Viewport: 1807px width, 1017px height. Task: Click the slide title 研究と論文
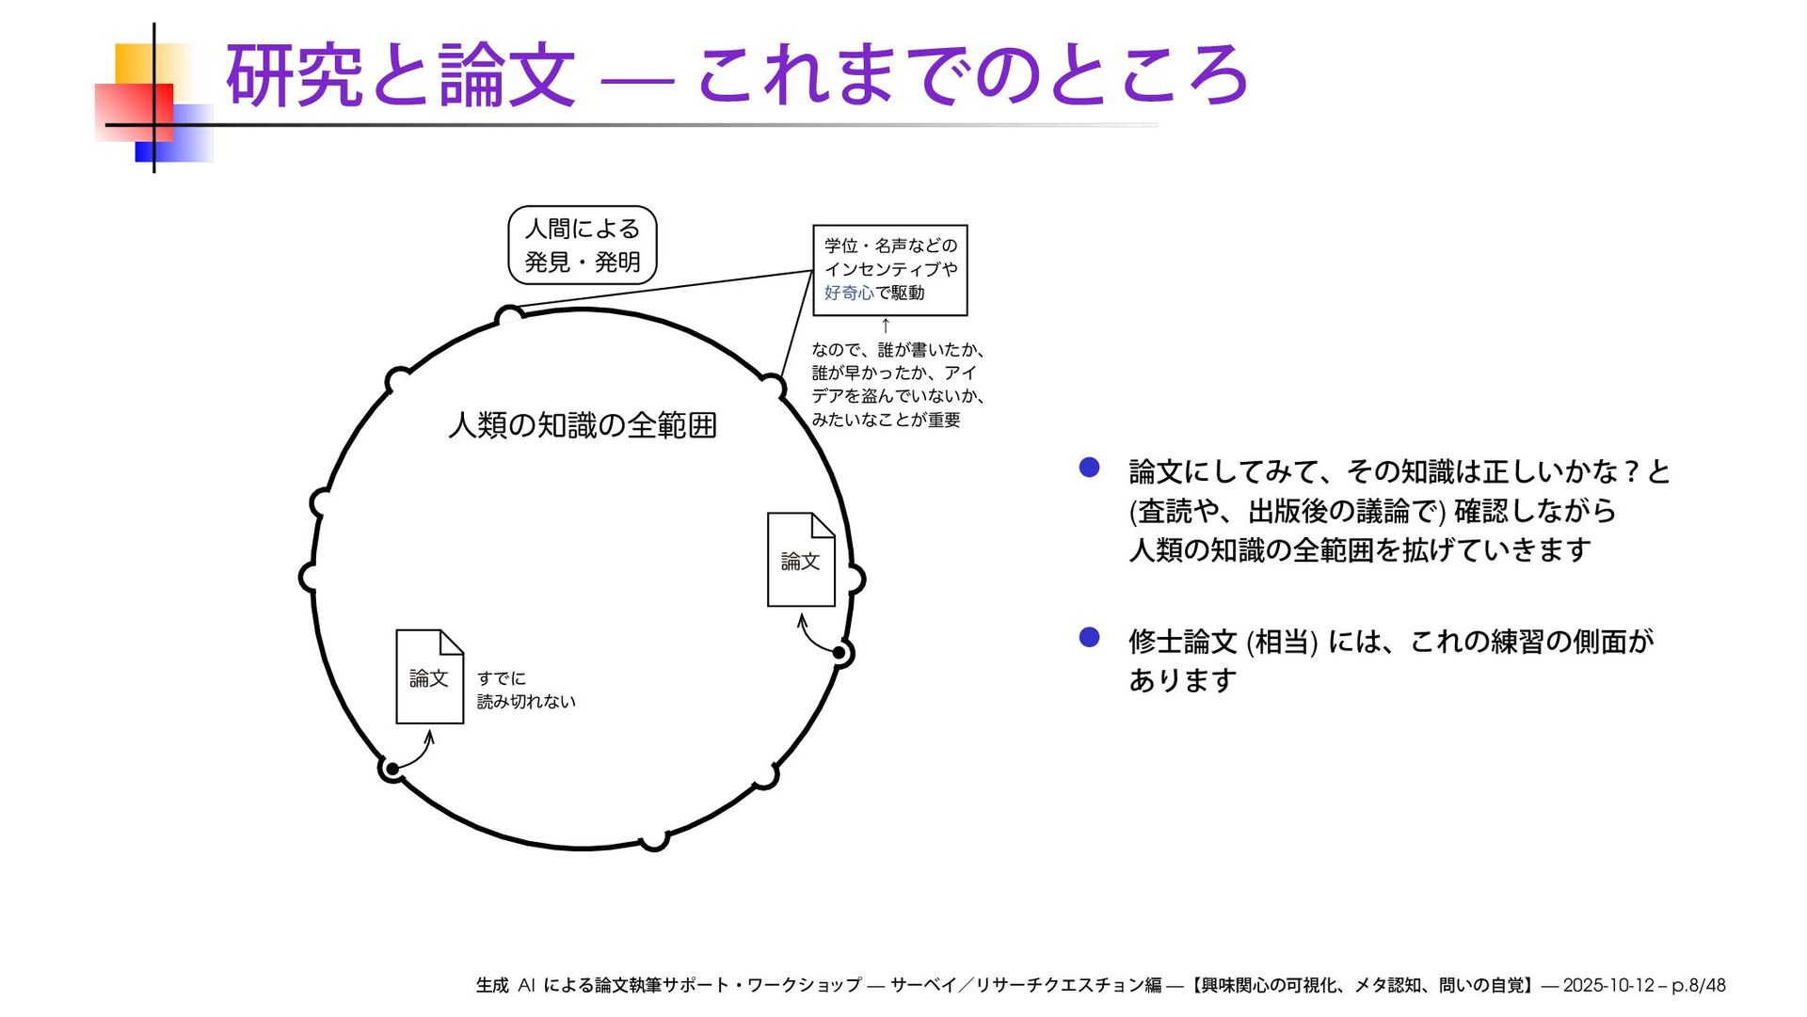coord(400,75)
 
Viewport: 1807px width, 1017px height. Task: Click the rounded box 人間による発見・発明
coord(582,245)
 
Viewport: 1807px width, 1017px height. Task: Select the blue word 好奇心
coord(849,293)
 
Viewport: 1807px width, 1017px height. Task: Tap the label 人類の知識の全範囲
coord(583,425)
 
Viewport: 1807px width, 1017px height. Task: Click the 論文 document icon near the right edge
coord(801,560)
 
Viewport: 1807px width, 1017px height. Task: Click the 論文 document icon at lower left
coord(429,676)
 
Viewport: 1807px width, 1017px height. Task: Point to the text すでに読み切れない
coord(525,690)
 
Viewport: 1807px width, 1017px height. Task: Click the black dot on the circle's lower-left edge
coord(392,770)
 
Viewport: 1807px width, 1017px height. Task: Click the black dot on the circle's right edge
coord(840,652)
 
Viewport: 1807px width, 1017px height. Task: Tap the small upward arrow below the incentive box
coord(885,326)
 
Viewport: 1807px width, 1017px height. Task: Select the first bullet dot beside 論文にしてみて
coord(1089,468)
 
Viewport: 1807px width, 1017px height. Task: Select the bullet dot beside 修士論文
coord(1089,638)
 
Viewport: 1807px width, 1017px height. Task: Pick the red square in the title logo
coord(134,112)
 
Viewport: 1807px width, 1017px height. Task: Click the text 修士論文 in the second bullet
coord(1182,642)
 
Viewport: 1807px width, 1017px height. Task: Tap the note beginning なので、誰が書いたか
coord(897,385)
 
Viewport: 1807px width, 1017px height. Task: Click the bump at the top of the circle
coord(509,315)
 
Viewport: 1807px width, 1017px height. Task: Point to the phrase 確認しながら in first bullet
coord(1535,511)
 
